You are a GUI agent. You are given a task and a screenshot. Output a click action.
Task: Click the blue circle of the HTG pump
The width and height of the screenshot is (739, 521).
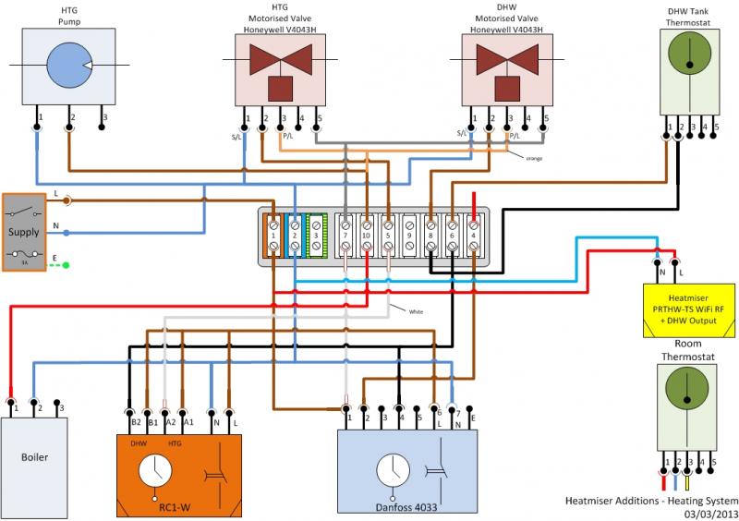pyautogui.click(x=65, y=66)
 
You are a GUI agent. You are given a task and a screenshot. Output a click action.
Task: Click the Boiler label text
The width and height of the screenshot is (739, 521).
pyautogui.click(x=34, y=456)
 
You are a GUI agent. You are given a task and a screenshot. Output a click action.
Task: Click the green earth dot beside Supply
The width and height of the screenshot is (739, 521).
pyautogui.click(x=67, y=266)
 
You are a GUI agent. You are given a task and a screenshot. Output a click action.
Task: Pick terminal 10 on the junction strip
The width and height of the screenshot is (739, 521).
pyautogui.click(x=367, y=236)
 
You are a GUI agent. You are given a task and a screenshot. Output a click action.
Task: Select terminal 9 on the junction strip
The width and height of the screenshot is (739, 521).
pyautogui.click(x=409, y=236)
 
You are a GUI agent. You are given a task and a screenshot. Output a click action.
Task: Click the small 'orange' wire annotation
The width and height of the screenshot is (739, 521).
pyautogui.click(x=533, y=158)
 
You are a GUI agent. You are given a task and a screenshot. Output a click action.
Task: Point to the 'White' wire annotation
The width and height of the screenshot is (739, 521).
pyautogui.click(x=417, y=312)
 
